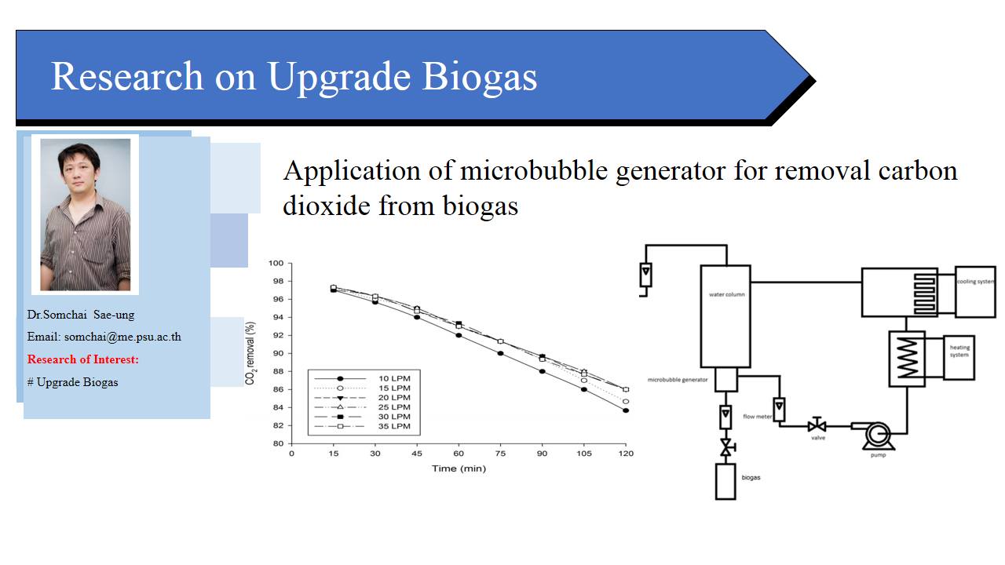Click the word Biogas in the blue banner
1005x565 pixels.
pos(479,77)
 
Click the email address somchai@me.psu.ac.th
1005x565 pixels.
pos(122,337)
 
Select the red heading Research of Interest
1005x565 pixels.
pos(83,359)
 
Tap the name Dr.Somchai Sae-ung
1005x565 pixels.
pos(81,315)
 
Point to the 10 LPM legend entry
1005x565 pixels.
pos(362,378)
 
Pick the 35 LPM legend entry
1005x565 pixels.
pos(362,426)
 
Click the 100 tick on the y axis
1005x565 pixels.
pos(276,263)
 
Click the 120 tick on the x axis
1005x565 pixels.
pos(626,454)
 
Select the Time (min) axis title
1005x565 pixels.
pos(459,468)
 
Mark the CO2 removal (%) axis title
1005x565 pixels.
pos(250,353)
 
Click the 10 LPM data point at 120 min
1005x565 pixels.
pos(626,410)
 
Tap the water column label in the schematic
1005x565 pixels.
pos(727,294)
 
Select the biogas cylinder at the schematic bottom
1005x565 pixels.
pos(725,482)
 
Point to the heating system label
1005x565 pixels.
pos(959,351)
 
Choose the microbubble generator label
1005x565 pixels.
pos(678,380)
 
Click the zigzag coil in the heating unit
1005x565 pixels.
pos(907,358)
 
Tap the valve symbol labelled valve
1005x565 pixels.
pos(817,425)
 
